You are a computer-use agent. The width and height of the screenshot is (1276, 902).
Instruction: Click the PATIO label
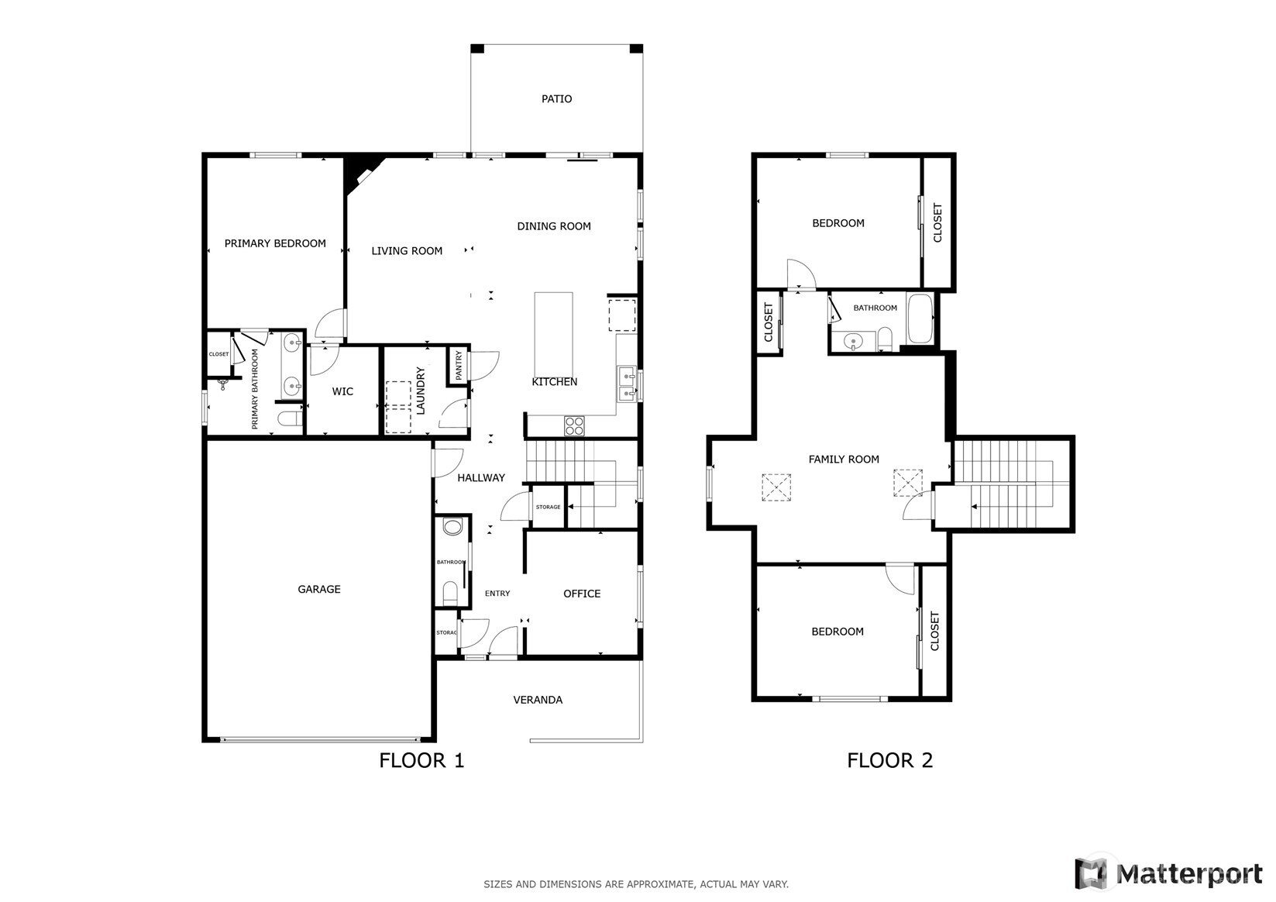pyautogui.click(x=556, y=99)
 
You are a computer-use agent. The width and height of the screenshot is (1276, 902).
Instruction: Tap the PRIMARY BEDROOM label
pyautogui.click(x=275, y=243)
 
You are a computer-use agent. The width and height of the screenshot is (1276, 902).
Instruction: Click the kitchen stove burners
pyautogui.click(x=574, y=425)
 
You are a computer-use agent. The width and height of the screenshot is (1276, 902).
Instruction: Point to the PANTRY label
pyautogui.click(x=459, y=365)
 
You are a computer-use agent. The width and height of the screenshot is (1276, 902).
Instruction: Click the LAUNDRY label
pyautogui.click(x=421, y=391)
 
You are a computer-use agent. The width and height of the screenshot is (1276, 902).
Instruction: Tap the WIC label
pyautogui.click(x=342, y=391)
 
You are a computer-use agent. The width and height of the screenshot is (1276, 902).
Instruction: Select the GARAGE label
pyautogui.click(x=319, y=589)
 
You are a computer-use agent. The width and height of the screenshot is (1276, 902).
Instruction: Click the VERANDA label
pyautogui.click(x=538, y=700)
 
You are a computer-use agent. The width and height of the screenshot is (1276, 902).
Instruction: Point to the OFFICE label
pyautogui.click(x=582, y=594)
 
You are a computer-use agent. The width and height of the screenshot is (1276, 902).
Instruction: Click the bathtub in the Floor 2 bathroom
pyautogui.click(x=920, y=318)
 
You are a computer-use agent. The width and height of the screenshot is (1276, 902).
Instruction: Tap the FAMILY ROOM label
pyautogui.click(x=844, y=460)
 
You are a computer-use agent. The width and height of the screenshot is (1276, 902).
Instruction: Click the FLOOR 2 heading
pyautogui.click(x=889, y=760)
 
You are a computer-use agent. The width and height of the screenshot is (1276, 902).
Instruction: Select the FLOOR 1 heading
pyautogui.click(x=421, y=760)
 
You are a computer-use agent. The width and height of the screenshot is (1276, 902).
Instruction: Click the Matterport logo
pyautogui.click(x=1169, y=873)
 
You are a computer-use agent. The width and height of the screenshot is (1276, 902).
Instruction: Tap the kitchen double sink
pyautogui.click(x=627, y=385)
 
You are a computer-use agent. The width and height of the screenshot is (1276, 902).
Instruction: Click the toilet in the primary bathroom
pyautogui.click(x=290, y=419)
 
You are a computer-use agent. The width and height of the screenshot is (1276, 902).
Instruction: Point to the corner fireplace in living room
pyautogui.click(x=361, y=170)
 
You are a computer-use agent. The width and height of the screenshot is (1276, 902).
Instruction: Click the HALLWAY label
pyautogui.click(x=481, y=478)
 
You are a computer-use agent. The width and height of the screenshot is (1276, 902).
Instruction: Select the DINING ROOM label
pyautogui.click(x=554, y=226)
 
